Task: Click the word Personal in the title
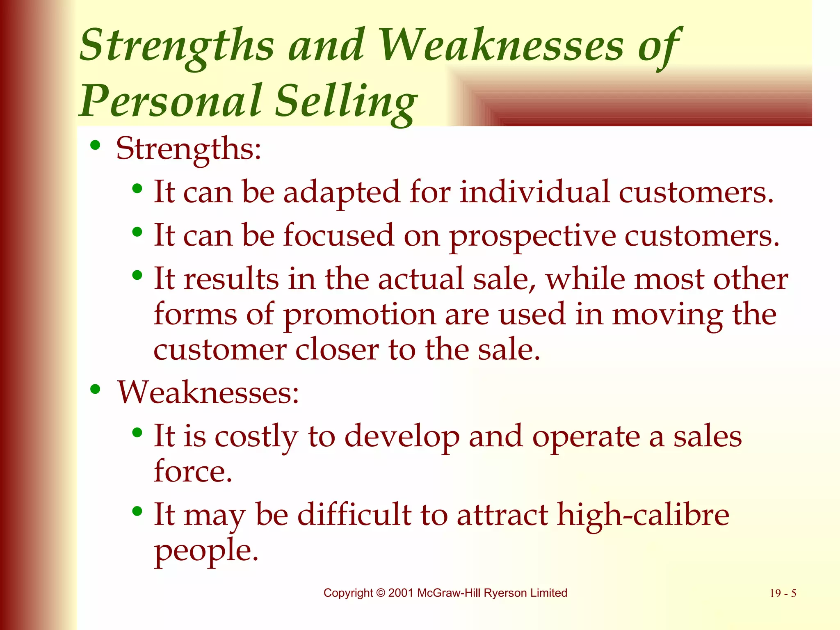pos(170,100)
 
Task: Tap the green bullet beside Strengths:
pos(95,145)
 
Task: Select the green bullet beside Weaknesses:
pos(95,389)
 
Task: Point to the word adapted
pos(341,192)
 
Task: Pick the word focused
pos(339,235)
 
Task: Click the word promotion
pos(359,315)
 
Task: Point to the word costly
pos(256,436)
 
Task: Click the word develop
pos(402,436)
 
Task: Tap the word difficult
pos(354,514)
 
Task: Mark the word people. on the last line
pos(206,550)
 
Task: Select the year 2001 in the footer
pos(400,593)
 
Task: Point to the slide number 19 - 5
pos(783,593)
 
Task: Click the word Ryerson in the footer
pos(505,593)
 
